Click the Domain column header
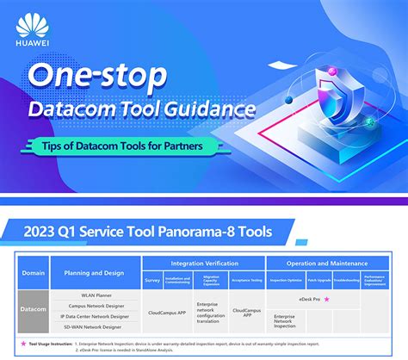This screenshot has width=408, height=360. click(34, 273)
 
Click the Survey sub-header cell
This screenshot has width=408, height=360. click(152, 280)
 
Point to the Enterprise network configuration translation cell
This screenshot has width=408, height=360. click(211, 312)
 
